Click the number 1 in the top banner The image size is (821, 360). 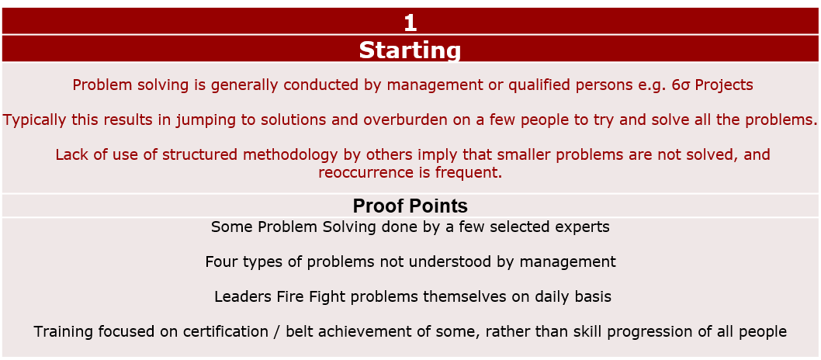coord(410,23)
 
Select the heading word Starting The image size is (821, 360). coord(410,50)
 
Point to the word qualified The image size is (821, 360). coord(541,85)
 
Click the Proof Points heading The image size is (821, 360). coord(410,206)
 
